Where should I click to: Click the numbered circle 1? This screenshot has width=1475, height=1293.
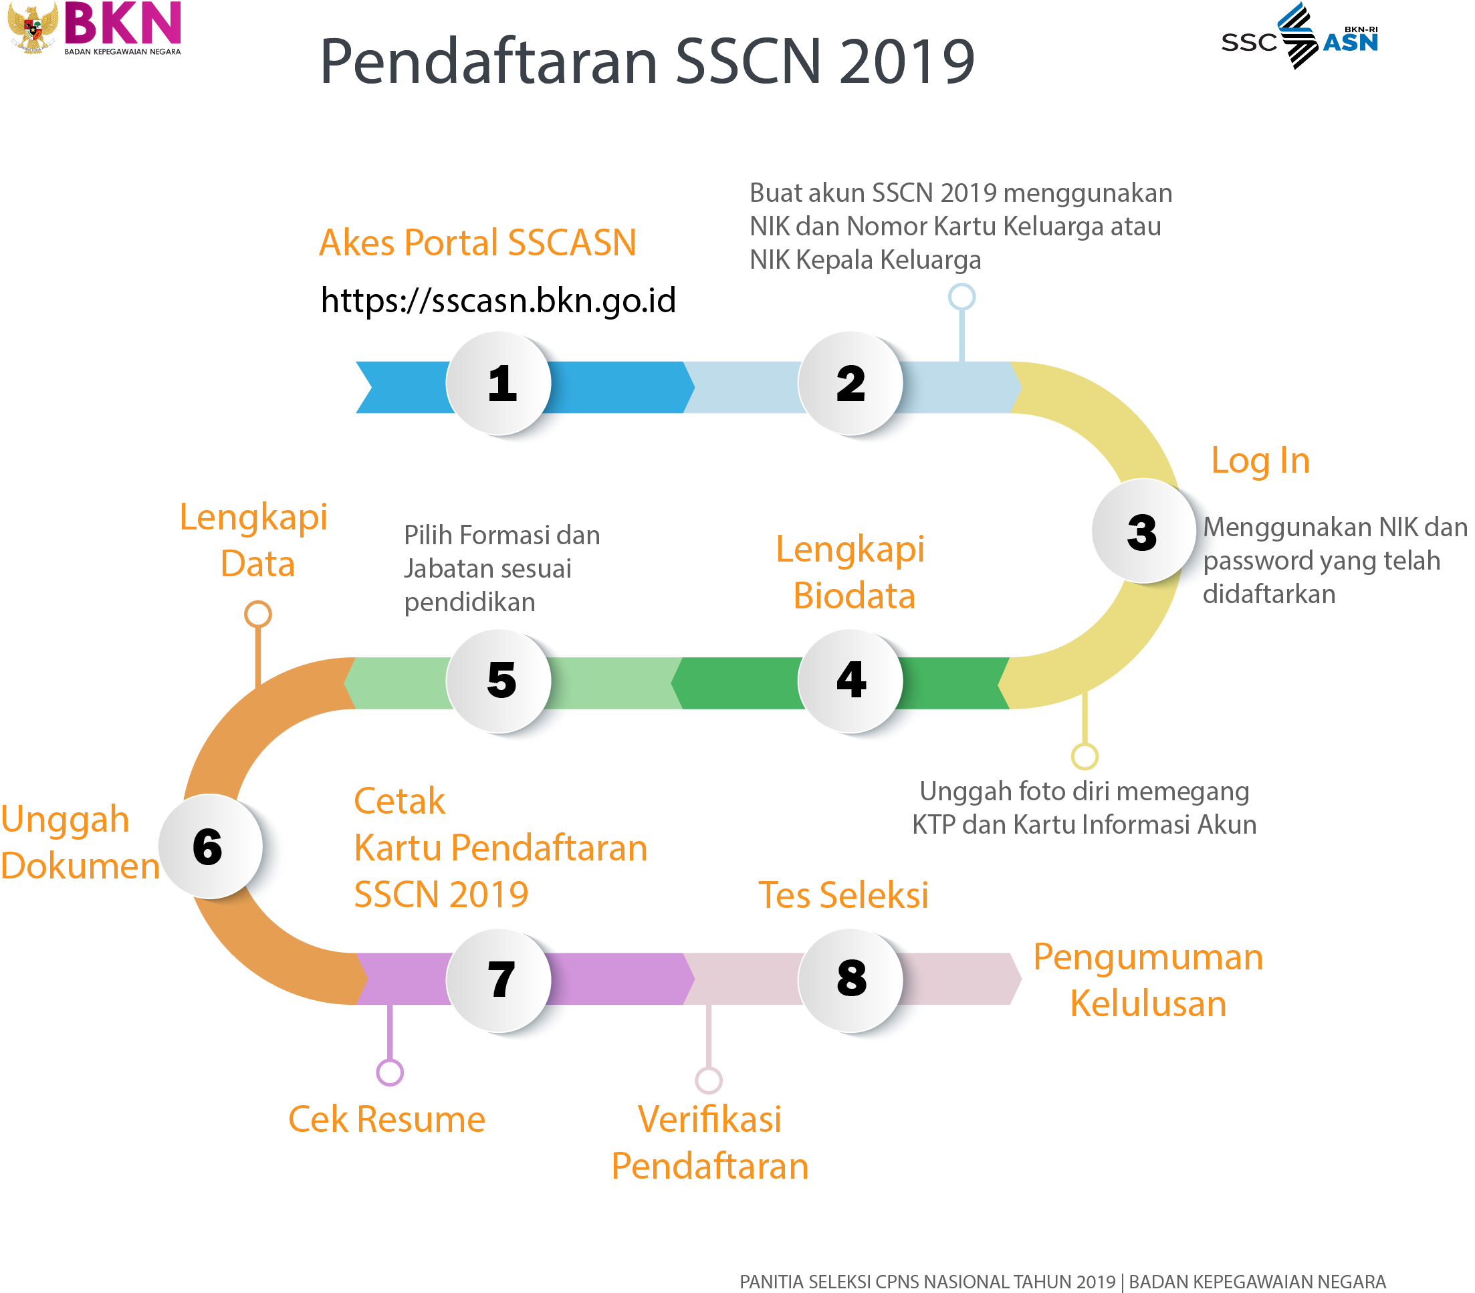click(x=499, y=383)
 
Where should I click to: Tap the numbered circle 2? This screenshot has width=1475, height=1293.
click(x=850, y=383)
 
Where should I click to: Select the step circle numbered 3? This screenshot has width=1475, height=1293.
click(x=1143, y=532)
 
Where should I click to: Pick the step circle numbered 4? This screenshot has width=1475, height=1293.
click(x=850, y=681)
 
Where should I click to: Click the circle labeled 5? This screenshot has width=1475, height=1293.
click(x=499, y=681)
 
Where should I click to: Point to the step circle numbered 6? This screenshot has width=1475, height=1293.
click(x=209, y=846)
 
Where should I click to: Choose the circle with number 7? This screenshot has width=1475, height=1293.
click(x=499, y=979)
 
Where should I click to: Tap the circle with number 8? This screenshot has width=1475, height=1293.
click(x=850, y=979)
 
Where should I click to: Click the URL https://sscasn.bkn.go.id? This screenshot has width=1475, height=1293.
click(x=498, y=300)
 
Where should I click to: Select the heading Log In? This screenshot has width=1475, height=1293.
click(x=1260, y=461)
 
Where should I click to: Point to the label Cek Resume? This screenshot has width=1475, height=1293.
click(x=386, y=1120)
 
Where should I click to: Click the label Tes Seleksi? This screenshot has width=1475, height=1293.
click(x=843, y=895)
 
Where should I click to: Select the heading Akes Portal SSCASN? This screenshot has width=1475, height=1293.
click(x=477, y=243)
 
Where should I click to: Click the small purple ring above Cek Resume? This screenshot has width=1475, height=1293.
click(x=390, y=1072)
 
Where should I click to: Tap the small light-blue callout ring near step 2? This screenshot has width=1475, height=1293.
click(x=961, y=297)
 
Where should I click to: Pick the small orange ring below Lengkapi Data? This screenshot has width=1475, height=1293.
click(x=257, y=614)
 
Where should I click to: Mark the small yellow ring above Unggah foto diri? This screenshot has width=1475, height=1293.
click(x=1084, y=756)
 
